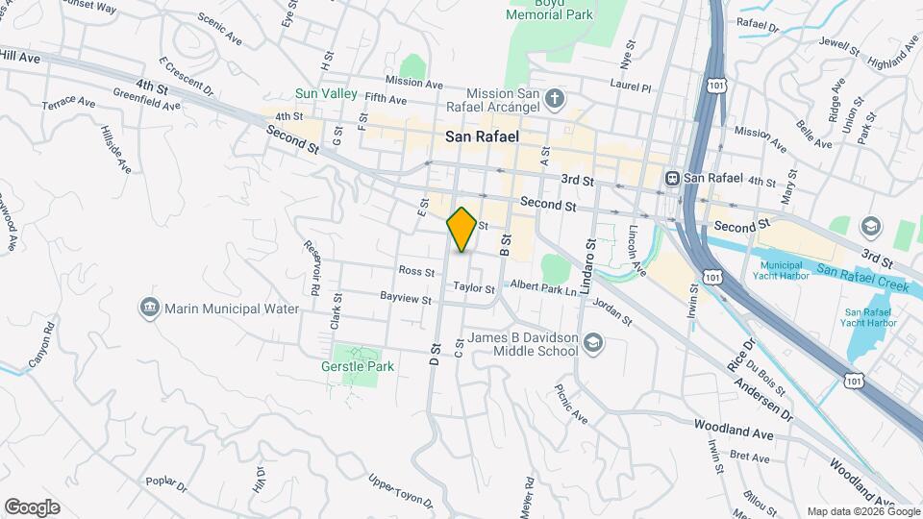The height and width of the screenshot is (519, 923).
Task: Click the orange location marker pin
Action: (x=461, y=229)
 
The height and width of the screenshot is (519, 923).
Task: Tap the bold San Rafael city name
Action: (x=482, y=137)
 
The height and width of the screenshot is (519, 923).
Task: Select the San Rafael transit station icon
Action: (x=672, y=178)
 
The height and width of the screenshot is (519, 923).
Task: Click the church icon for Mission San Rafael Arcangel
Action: (x=554, y=98)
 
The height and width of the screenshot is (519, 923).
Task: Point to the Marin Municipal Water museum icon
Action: (x=149, y=309)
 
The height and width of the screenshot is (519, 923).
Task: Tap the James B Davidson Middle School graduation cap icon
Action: (x=593, y=343)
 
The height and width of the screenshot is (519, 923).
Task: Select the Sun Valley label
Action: (x=326, y=93)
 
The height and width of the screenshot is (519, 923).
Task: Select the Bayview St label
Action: (x=405, y=299)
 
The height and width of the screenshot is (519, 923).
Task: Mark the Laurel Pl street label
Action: (x=631, y=86)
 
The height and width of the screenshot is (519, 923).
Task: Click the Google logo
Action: (x=32, y=507)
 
